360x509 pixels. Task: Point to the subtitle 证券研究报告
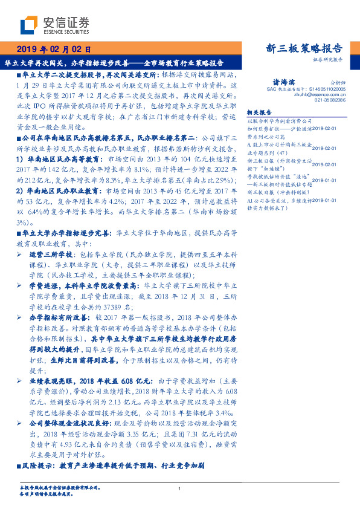pos(328,60)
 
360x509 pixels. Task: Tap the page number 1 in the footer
pos(180,489)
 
